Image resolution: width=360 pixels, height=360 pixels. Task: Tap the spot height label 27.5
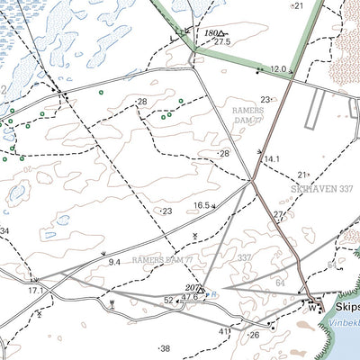pos(221,42)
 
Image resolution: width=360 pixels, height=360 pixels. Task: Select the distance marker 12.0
pos(278,69)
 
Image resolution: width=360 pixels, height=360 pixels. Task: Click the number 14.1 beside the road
pos(272,158)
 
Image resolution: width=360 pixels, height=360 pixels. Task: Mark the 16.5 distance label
pos(202,206)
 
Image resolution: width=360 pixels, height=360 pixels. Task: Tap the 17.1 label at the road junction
pos(35,291)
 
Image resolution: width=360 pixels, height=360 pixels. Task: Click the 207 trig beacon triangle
pos(202,289)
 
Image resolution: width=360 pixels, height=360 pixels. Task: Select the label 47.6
pos(189,297)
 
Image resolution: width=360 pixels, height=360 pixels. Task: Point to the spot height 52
pos(168,300)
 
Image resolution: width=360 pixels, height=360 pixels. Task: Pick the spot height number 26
pos(255,336)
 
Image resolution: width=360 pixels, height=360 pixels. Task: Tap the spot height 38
pos(164,348)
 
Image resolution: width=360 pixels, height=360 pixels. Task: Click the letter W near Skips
pos(312,310)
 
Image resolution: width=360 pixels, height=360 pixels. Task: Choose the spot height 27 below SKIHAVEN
pos(278,214)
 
